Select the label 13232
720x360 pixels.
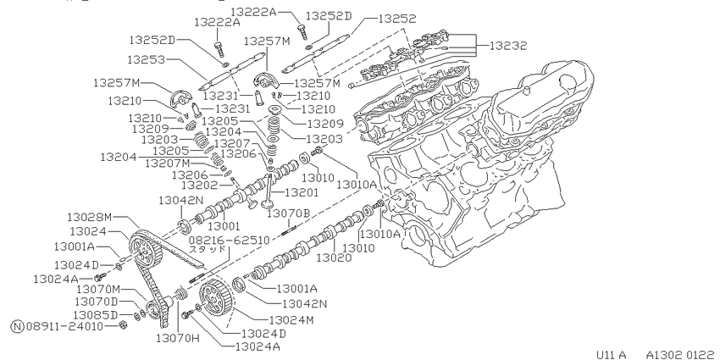coord(508,46)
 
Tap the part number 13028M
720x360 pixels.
coord(90,216)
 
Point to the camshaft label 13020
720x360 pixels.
coord(334,258)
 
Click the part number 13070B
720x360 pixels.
coord(289,213)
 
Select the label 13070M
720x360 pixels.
coord(98,289)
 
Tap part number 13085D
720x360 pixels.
coord(96,314)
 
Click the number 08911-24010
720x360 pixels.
coord(64,326)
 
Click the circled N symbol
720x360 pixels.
coord(17,326)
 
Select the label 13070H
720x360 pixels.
coord(178,339)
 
